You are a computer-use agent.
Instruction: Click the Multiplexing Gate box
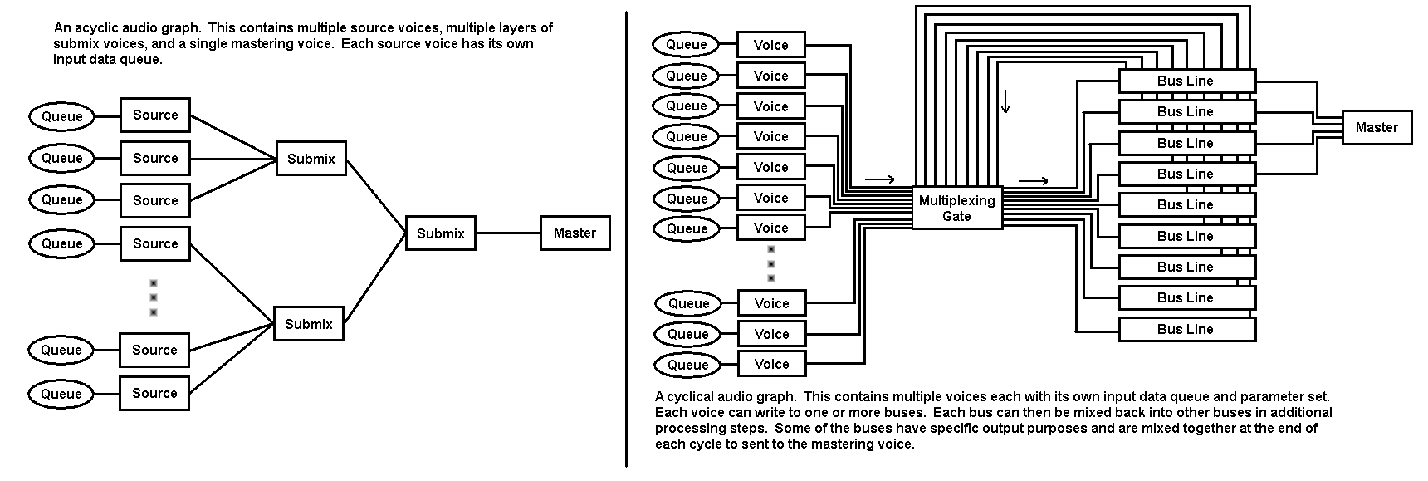(956, 208)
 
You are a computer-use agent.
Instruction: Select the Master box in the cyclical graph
(1376, 127)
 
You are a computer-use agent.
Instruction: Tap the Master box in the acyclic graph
(575, 233)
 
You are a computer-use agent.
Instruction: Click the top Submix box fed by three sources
(311, 159)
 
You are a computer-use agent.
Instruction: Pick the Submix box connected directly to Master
(440, 233)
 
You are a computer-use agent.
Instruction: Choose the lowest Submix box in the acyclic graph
(308, 324)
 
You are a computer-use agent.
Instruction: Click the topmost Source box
(155, 115)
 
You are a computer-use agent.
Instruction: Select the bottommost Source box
(154, 393)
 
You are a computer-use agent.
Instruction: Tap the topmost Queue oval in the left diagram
(61, 116)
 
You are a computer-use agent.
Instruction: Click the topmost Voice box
(770, 45)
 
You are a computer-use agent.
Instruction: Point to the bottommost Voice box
(771, 364)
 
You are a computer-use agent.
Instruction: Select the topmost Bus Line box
(1186, 81)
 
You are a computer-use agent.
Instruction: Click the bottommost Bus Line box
(1186, 329)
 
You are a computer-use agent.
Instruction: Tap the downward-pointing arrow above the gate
(1005, 101)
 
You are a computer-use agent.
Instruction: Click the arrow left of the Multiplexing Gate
(879, 179)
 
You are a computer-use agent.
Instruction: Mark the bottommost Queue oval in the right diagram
(687, 365)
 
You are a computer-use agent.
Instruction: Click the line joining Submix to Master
(507, 233)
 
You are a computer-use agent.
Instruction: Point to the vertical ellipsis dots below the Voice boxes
(770, 264)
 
